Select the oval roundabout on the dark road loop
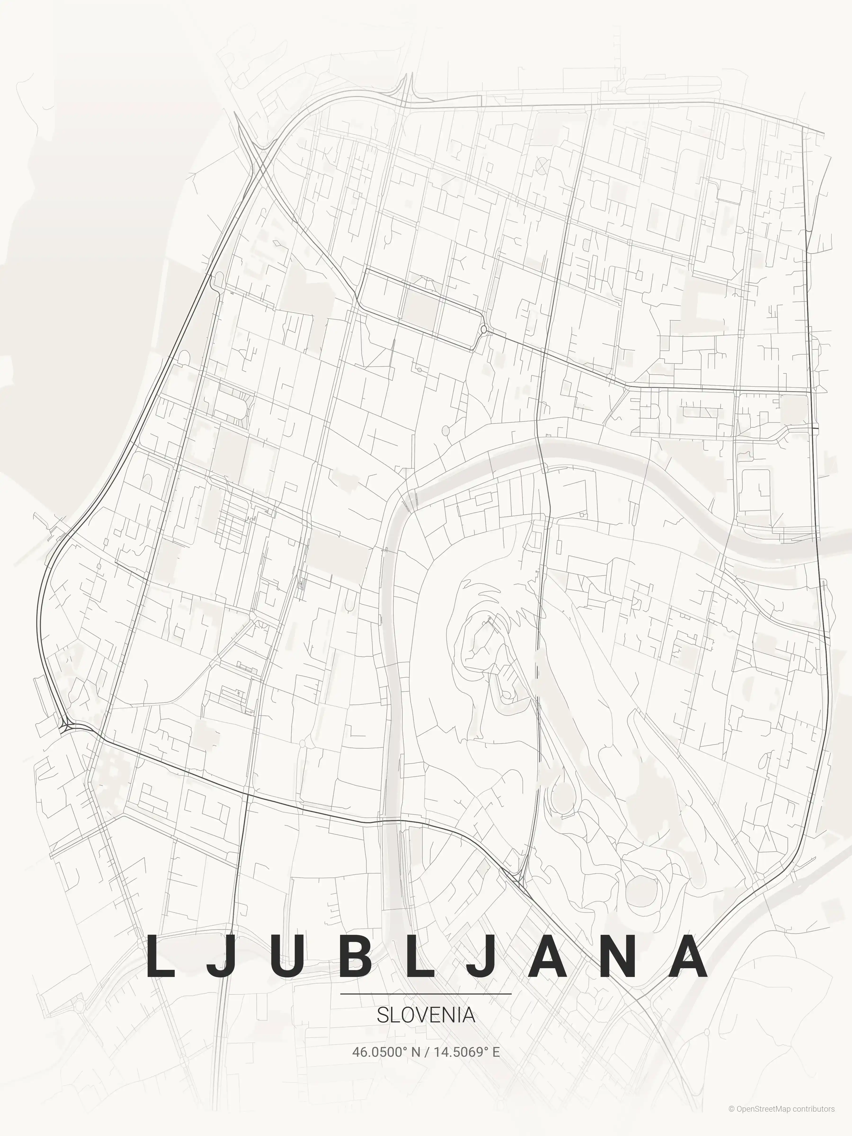coord(483,329)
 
